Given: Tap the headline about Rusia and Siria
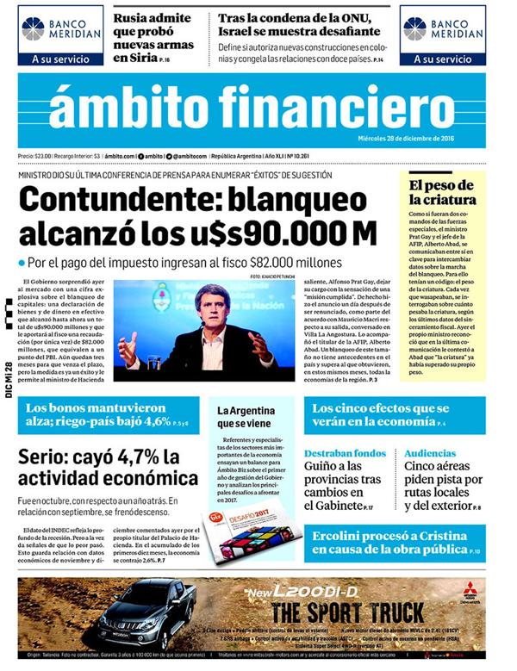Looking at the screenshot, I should pos(150,35).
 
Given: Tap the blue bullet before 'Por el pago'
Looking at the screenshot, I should pos(21,262).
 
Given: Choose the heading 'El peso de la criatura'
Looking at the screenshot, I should pos(440,192).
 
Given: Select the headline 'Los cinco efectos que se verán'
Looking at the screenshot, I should pos(386,415).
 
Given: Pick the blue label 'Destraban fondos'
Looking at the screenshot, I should pos(344,453).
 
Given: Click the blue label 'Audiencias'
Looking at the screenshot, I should pos(430,453).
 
